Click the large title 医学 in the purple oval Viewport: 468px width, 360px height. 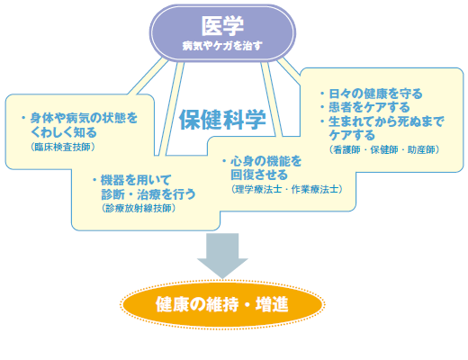222,26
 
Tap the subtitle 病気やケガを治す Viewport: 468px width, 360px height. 222,46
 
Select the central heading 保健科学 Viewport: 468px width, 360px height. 222,120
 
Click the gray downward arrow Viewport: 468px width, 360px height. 222,256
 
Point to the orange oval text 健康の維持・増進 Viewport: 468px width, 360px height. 222,304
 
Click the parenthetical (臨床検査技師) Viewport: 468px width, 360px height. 63,147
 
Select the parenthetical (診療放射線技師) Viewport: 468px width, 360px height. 139,208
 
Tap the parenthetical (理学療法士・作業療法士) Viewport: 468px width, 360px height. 287,189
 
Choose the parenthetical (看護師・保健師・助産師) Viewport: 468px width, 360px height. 384,149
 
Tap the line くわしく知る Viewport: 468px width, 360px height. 64,132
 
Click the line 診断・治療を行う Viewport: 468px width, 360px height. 148,194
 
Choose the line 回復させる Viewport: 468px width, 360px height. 259,175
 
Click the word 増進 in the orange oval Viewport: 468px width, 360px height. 272,304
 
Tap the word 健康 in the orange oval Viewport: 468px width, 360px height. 172,304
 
